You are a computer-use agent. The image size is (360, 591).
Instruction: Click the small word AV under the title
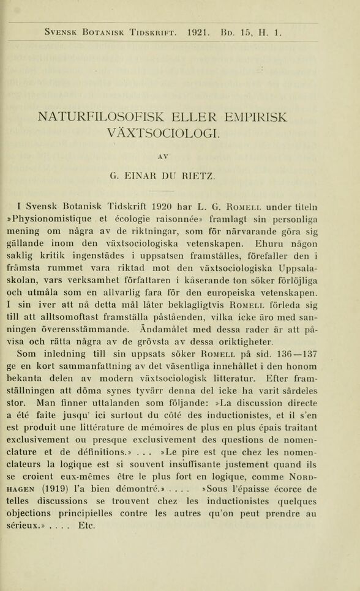162,157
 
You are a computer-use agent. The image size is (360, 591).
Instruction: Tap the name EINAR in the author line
144,177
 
